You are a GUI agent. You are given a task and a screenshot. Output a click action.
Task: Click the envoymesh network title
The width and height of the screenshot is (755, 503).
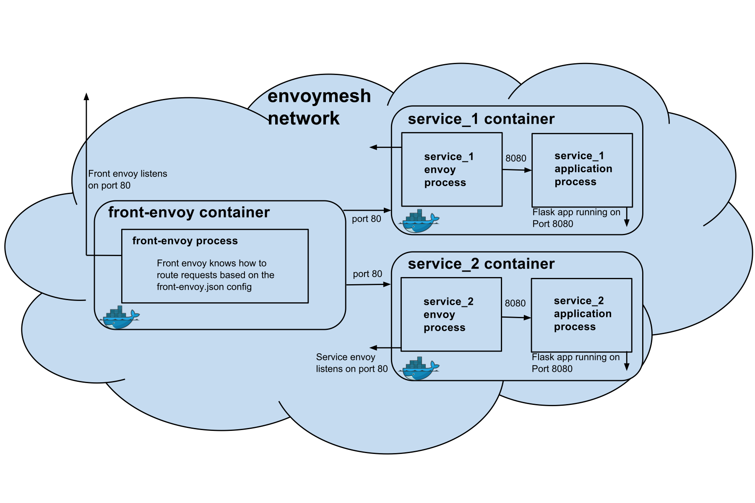click(x=319, y=107)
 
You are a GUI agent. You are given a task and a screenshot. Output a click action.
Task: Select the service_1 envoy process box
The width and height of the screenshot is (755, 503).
click(x=452, y=169)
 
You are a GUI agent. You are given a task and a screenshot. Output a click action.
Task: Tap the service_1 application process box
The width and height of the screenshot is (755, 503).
click(x=582, y=169)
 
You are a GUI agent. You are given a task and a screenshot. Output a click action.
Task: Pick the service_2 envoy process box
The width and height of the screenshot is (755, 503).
click(x=451, y=314)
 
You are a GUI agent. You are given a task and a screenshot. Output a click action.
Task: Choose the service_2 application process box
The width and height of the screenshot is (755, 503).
click(x=581, y=314)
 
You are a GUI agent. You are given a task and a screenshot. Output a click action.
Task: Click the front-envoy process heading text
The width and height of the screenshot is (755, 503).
click(x=185, y=241)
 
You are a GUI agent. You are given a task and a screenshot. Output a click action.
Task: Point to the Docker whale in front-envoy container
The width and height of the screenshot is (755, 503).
click(x=120, y=317)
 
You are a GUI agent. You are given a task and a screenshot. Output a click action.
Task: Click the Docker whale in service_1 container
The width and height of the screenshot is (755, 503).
click(x=420, y=221)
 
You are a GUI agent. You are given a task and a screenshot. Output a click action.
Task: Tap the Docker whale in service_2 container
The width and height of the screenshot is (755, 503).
click(x=420, y=368)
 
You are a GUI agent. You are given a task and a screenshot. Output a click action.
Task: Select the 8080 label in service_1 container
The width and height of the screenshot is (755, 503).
click(x=515, y=158)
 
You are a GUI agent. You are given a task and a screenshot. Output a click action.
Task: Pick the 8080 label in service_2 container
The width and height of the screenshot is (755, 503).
click(x=515, y=303)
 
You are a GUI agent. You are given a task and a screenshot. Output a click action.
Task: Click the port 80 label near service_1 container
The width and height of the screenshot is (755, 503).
click(x=366, y=219)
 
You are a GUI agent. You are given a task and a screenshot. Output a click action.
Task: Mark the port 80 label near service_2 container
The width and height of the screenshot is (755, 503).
click(x=367, y=274)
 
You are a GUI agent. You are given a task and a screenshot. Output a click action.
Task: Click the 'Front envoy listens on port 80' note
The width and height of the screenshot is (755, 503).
click(x=128, y=179)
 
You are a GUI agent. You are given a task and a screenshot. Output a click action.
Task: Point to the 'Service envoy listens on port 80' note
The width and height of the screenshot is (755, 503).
click(x=351, y=363)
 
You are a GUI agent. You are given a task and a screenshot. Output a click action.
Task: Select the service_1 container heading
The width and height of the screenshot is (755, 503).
click(x=481, y=119)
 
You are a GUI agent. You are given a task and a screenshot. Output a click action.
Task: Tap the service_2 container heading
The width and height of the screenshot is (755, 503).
click(x=481, y=264)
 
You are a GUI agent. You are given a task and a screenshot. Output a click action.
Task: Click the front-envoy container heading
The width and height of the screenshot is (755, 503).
click(x=189, y=213)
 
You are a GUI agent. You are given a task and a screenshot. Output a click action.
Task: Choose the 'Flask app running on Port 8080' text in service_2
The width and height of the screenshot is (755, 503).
click(x=575, y=363)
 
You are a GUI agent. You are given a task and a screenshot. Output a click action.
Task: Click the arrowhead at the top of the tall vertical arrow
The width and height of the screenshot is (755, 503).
click(x=86, y=97)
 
